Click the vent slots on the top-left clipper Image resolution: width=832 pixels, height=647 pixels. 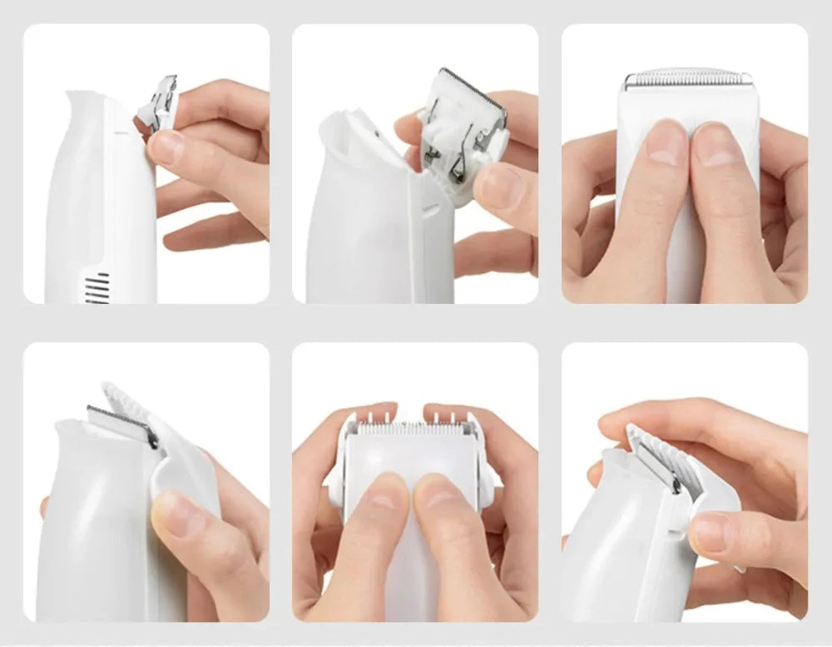[x=98, y=288]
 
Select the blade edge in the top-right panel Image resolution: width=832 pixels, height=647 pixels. [x=686, y=79]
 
